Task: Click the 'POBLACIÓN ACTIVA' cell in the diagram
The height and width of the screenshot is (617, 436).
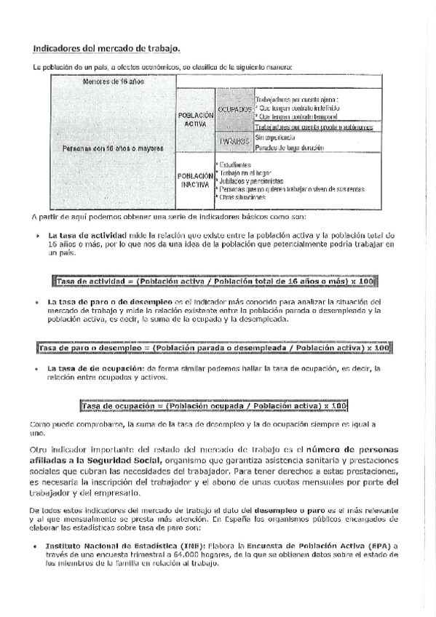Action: point(196,119)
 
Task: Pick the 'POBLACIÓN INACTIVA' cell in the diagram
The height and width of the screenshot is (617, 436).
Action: point(196,180)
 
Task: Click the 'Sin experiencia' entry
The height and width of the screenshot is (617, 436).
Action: point(275,137)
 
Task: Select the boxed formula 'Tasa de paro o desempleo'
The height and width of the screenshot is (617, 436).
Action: point(214,348)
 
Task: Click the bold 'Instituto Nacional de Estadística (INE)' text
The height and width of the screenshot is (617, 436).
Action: point(124,544)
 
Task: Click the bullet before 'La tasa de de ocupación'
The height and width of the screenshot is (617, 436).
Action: point(37,369)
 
